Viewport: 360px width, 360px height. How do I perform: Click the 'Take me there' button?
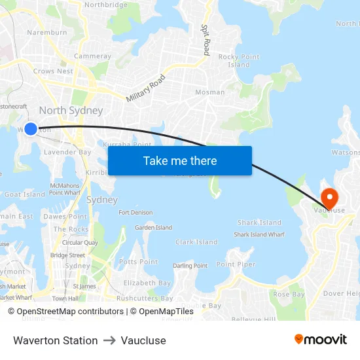tap(179, 160)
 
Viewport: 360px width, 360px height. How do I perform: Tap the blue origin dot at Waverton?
tap(30, 128)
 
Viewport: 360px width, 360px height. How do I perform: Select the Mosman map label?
tap(209, 92)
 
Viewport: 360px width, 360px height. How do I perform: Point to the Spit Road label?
tap(206, 40)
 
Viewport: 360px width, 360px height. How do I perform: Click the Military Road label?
tap(145, 87)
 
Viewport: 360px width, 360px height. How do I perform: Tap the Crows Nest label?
tap(53, 71)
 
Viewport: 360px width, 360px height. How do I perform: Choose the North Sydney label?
tap(71, 110)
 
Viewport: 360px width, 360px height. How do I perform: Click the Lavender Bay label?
tap(67, 152)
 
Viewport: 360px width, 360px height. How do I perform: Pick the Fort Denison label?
tap(135, 213)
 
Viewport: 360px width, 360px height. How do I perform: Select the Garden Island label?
tap(153, 228)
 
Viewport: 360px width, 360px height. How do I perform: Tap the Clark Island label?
tap(196, 242)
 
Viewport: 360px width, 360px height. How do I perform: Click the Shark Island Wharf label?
tap(259, 234)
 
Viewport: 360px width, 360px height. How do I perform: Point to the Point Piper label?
tap(236, 264)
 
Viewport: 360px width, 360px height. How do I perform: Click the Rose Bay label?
tap(289, 295)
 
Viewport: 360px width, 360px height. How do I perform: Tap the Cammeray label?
tap(92, 56)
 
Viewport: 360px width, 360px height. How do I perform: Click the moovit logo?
tap(321, 340)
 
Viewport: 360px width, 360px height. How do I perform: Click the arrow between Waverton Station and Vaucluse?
tap(109, 340)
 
